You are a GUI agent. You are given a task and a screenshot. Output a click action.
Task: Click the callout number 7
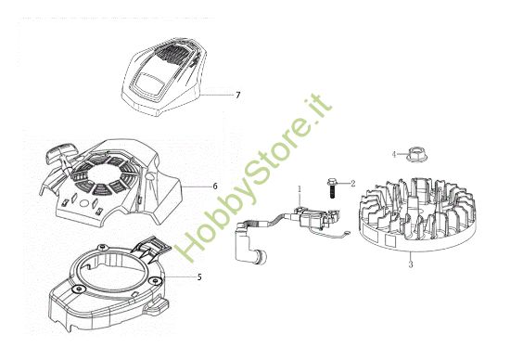pos(238,96)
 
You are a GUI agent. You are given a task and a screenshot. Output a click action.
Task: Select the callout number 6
pos(214,186)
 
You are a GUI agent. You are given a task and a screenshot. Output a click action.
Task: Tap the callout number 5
pos(199,277)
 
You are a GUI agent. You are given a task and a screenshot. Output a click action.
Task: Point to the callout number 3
pos(410,264)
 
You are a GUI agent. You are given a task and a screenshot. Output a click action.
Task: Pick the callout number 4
pos(393,152)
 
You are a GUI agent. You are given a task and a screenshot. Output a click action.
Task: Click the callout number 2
pos(352,184)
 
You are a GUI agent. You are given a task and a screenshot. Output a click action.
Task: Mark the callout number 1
pos(300,190)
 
